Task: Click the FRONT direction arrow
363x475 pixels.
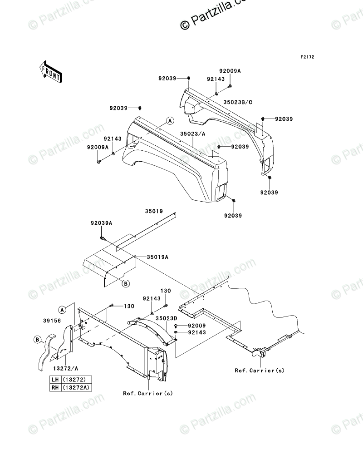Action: (x=50, y=72)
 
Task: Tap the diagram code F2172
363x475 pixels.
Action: (x=307, y=58)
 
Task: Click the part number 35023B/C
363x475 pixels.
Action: (x=238, y=103)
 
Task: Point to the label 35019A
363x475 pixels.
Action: (x=157, y=257)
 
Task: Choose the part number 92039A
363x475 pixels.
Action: (x=101, y=223)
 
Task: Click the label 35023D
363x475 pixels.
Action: (x=166, y=319)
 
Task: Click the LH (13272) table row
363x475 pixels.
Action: (x=71, y=380)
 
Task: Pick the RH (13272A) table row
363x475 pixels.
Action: (x=71, y=388)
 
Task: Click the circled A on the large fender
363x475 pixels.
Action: (x=169, y=121)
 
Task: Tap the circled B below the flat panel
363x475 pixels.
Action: (x=126, y=283)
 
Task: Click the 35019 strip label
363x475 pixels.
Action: (x=154, y=211)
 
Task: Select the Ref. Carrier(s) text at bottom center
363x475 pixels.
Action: (x=148, y=393)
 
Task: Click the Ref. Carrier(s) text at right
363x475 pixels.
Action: (x=260, y=371)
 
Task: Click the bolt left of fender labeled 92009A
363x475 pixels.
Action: (x=99, y=161)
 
